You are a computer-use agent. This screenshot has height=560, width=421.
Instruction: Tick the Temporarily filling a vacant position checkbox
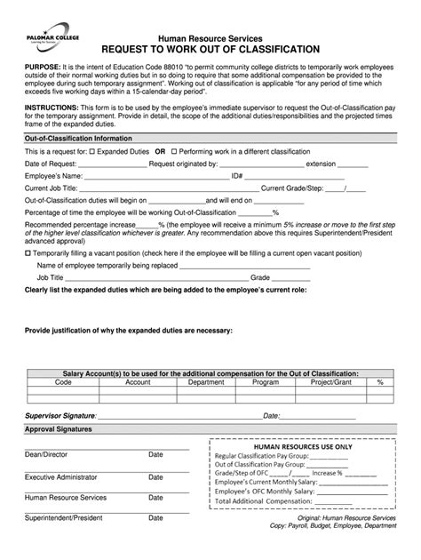click(28, 252)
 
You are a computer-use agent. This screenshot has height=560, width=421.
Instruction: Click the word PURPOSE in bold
click(41, 68)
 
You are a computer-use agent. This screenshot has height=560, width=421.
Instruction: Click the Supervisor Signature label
click(60, 415)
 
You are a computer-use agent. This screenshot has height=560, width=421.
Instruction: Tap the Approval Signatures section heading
click(63, 428)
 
